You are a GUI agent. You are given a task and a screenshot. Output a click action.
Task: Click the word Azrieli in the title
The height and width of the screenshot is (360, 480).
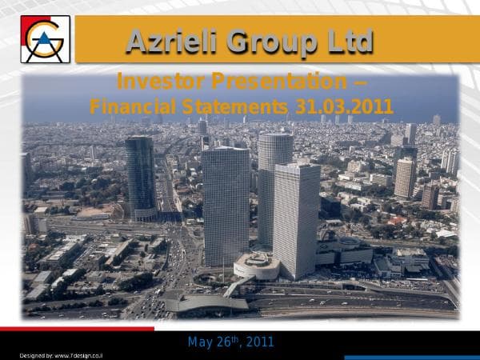tap(166, 41)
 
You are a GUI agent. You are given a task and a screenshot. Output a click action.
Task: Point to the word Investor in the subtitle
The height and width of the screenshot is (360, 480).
tap(159, 82)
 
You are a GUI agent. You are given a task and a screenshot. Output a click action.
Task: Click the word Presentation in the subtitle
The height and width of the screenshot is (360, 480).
tap(275, 82)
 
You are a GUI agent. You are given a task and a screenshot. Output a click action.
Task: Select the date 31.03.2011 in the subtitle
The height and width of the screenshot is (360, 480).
tap(340, 106)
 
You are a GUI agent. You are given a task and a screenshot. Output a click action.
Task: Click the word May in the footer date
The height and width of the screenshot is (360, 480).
tap(199, 342)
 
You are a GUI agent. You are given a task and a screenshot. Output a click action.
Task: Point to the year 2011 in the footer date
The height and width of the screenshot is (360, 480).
tap(260, 342)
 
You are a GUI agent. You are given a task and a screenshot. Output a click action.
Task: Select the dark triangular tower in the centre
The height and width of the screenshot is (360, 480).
tap(226, 204)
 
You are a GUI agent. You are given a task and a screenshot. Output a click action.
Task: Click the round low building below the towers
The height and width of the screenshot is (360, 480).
tap(255, 266)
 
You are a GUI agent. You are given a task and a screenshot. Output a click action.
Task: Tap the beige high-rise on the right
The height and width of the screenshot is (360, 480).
tap(405, 178)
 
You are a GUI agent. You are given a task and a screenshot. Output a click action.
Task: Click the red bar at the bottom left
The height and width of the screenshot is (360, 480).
tap(77, 328)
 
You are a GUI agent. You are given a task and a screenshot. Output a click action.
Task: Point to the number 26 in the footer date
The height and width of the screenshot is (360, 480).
tap(225, 342)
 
